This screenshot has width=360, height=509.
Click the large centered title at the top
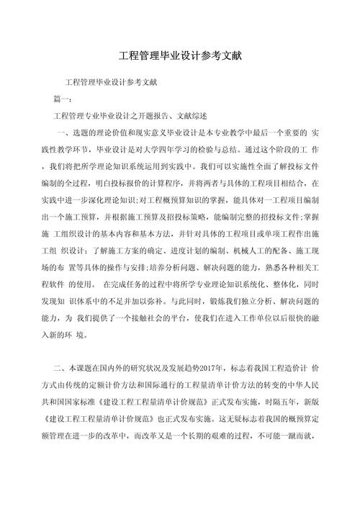click(179, 56)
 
